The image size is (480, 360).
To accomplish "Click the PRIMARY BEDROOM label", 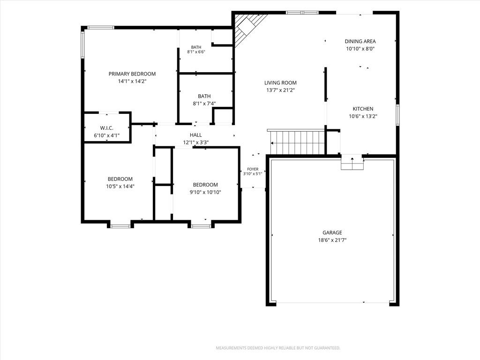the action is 132,74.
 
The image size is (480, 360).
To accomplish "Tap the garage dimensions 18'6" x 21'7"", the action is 332,240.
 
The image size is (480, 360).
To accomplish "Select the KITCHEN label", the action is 363,109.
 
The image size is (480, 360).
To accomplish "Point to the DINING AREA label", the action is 360,41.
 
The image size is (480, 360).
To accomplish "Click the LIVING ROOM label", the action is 280,82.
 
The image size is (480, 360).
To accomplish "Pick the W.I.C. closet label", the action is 106,128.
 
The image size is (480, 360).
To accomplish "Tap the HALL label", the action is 196,135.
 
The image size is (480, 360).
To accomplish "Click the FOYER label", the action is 253,169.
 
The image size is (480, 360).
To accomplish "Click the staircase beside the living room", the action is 297,142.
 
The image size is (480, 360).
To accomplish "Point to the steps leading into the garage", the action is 352,162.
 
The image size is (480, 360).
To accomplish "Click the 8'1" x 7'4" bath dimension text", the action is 204,104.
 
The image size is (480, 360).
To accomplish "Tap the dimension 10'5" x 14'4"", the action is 120,186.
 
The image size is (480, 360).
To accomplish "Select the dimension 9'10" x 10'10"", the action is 205,192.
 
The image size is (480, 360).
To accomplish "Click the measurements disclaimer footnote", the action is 278,348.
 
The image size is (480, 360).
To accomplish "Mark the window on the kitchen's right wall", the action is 397,115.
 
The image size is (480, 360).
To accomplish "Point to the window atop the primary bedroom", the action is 101,28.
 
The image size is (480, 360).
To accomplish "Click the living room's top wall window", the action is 302,13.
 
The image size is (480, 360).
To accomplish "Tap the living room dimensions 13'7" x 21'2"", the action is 280,90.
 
